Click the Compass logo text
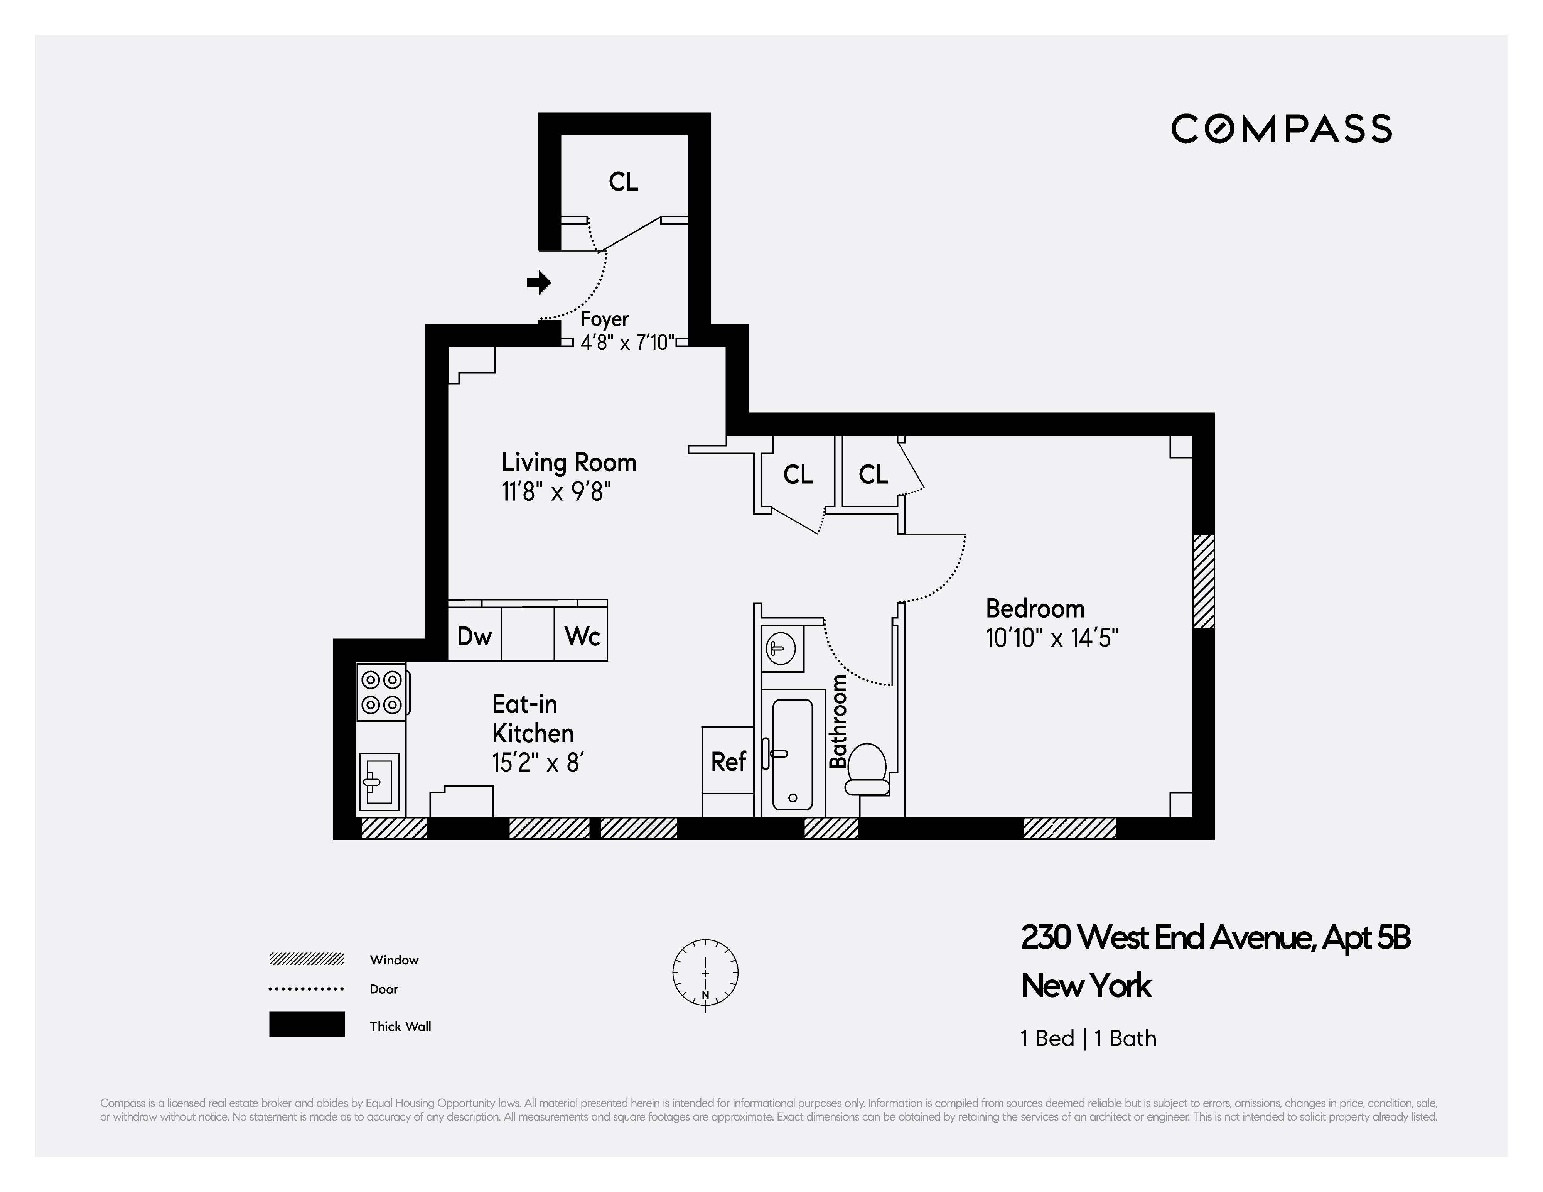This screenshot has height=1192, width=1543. (1281, 129)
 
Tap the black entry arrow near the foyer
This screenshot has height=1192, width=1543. (539, 283)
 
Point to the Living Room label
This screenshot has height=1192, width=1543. (569, 463)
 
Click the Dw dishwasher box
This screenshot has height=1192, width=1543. (474, 637)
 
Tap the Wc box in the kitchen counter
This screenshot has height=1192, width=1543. (582, 637)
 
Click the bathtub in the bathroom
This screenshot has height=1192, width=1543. (792, 754)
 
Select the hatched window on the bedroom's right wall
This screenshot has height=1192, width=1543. (1203, 581)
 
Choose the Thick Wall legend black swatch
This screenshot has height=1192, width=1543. (307, 1024)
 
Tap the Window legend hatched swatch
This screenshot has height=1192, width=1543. (307, 959)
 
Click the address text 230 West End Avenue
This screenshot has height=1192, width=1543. (1215, 938)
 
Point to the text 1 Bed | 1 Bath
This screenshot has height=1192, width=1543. (1088, 1038)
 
